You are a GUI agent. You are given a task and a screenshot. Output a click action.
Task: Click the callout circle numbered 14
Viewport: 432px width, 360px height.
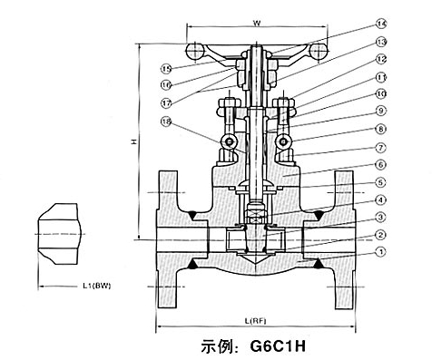(380, 24)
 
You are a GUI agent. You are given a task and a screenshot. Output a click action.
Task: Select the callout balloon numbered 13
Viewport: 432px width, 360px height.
(380, 42)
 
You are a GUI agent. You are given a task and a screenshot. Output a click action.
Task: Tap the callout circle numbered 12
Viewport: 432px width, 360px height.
(380, 60)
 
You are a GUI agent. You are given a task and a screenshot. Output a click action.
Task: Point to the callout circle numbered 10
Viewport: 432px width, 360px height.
(380, 93)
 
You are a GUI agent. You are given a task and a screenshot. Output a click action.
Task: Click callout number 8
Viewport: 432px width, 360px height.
(380, 129)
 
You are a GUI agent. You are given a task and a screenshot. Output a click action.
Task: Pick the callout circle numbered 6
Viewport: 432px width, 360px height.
(380, 164)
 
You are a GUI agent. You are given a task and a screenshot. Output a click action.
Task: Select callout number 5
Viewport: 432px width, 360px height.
(380, 181)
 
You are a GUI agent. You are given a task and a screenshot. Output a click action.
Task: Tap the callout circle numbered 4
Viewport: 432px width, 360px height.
(380, 199)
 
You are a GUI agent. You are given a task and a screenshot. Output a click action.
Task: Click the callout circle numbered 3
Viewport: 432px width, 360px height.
(380, 217)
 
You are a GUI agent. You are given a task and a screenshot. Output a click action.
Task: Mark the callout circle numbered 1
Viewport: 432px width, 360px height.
(380, 251)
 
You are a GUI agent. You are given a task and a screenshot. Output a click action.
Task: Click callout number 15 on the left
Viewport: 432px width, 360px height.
(167, 67)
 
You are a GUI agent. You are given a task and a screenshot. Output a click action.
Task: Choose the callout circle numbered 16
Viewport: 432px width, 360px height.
(167, 83)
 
